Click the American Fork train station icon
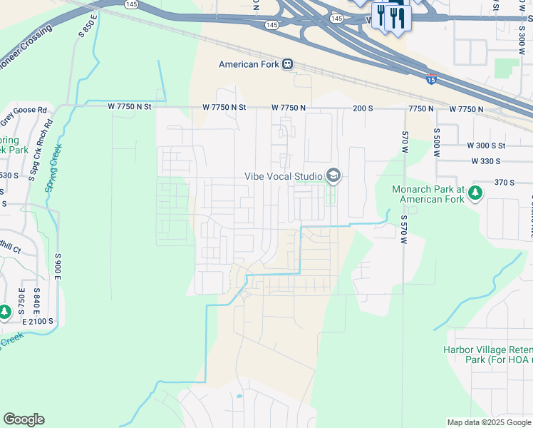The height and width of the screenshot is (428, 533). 288,64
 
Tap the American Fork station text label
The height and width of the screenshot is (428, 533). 249,64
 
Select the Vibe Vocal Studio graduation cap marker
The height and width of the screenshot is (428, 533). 333,175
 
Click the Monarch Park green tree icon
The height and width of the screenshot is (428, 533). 475,193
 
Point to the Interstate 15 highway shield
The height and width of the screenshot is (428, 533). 431,78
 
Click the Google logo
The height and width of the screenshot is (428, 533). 24,419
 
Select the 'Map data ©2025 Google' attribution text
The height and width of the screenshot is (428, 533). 488,422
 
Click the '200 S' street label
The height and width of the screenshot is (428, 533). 363,108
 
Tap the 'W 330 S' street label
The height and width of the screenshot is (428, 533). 490,162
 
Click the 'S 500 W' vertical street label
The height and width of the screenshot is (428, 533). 436,141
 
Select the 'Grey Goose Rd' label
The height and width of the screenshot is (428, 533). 23,111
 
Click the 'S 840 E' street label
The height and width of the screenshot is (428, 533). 36,302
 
